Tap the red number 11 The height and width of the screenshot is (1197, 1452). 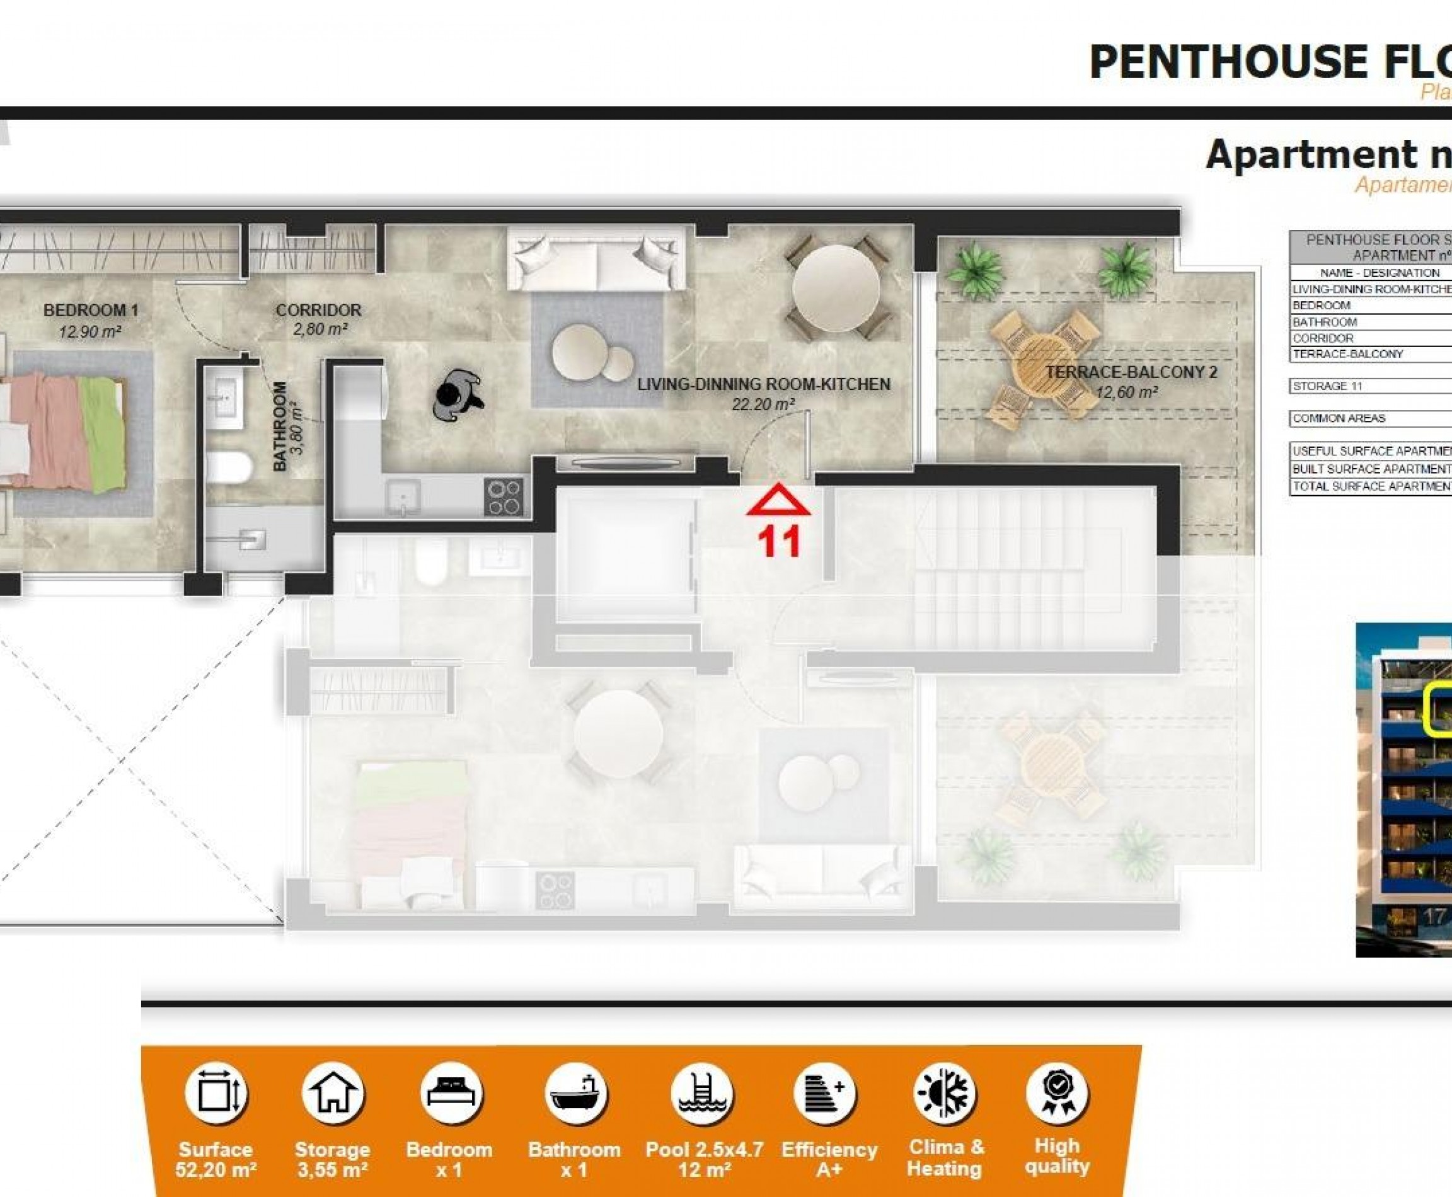(x=779, y=541)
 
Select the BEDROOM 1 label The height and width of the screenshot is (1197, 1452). (x=90, y=311)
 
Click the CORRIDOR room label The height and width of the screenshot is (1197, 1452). (x=318, y=311)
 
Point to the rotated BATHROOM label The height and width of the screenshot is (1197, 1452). (x=280, y=426)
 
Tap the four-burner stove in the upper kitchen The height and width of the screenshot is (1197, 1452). (x=504, y=497)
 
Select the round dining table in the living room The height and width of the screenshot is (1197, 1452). (x=835, y=288)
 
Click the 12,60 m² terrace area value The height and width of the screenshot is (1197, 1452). (x=1126, y=393)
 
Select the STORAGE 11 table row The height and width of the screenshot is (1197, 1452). (x=1369, y=386)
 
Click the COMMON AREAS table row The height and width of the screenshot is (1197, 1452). (x=1369, y=418)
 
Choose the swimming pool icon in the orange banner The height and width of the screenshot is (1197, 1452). (x=702, y=1094)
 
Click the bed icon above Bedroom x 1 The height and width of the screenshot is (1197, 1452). (x=450, y=1094)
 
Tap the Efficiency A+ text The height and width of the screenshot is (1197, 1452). (x=829, y=1160)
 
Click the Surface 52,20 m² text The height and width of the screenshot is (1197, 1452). (x=216, y=1160)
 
